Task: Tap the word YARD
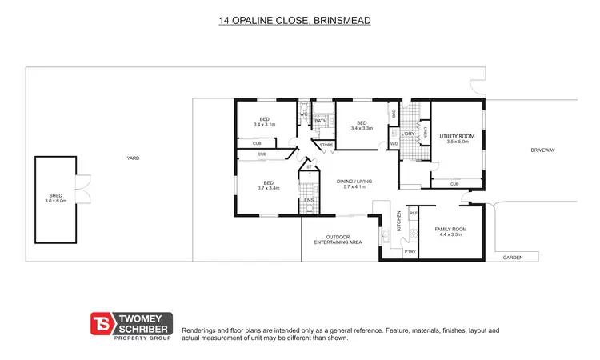[133, 158]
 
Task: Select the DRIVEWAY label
[542, 150]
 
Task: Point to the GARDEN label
[511, 258]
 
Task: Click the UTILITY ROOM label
[457, 137]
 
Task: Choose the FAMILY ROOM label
[450, 229]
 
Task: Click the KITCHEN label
[398, 225]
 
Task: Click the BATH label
[320, 121]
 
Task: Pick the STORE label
[326, 145]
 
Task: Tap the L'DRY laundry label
[408, 134]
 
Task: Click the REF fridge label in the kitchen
[414, 213]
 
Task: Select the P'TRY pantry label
[410, 252]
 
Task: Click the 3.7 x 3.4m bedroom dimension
[268, 188]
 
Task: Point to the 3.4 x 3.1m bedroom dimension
[264, 125]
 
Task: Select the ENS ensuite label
[307, 199]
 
